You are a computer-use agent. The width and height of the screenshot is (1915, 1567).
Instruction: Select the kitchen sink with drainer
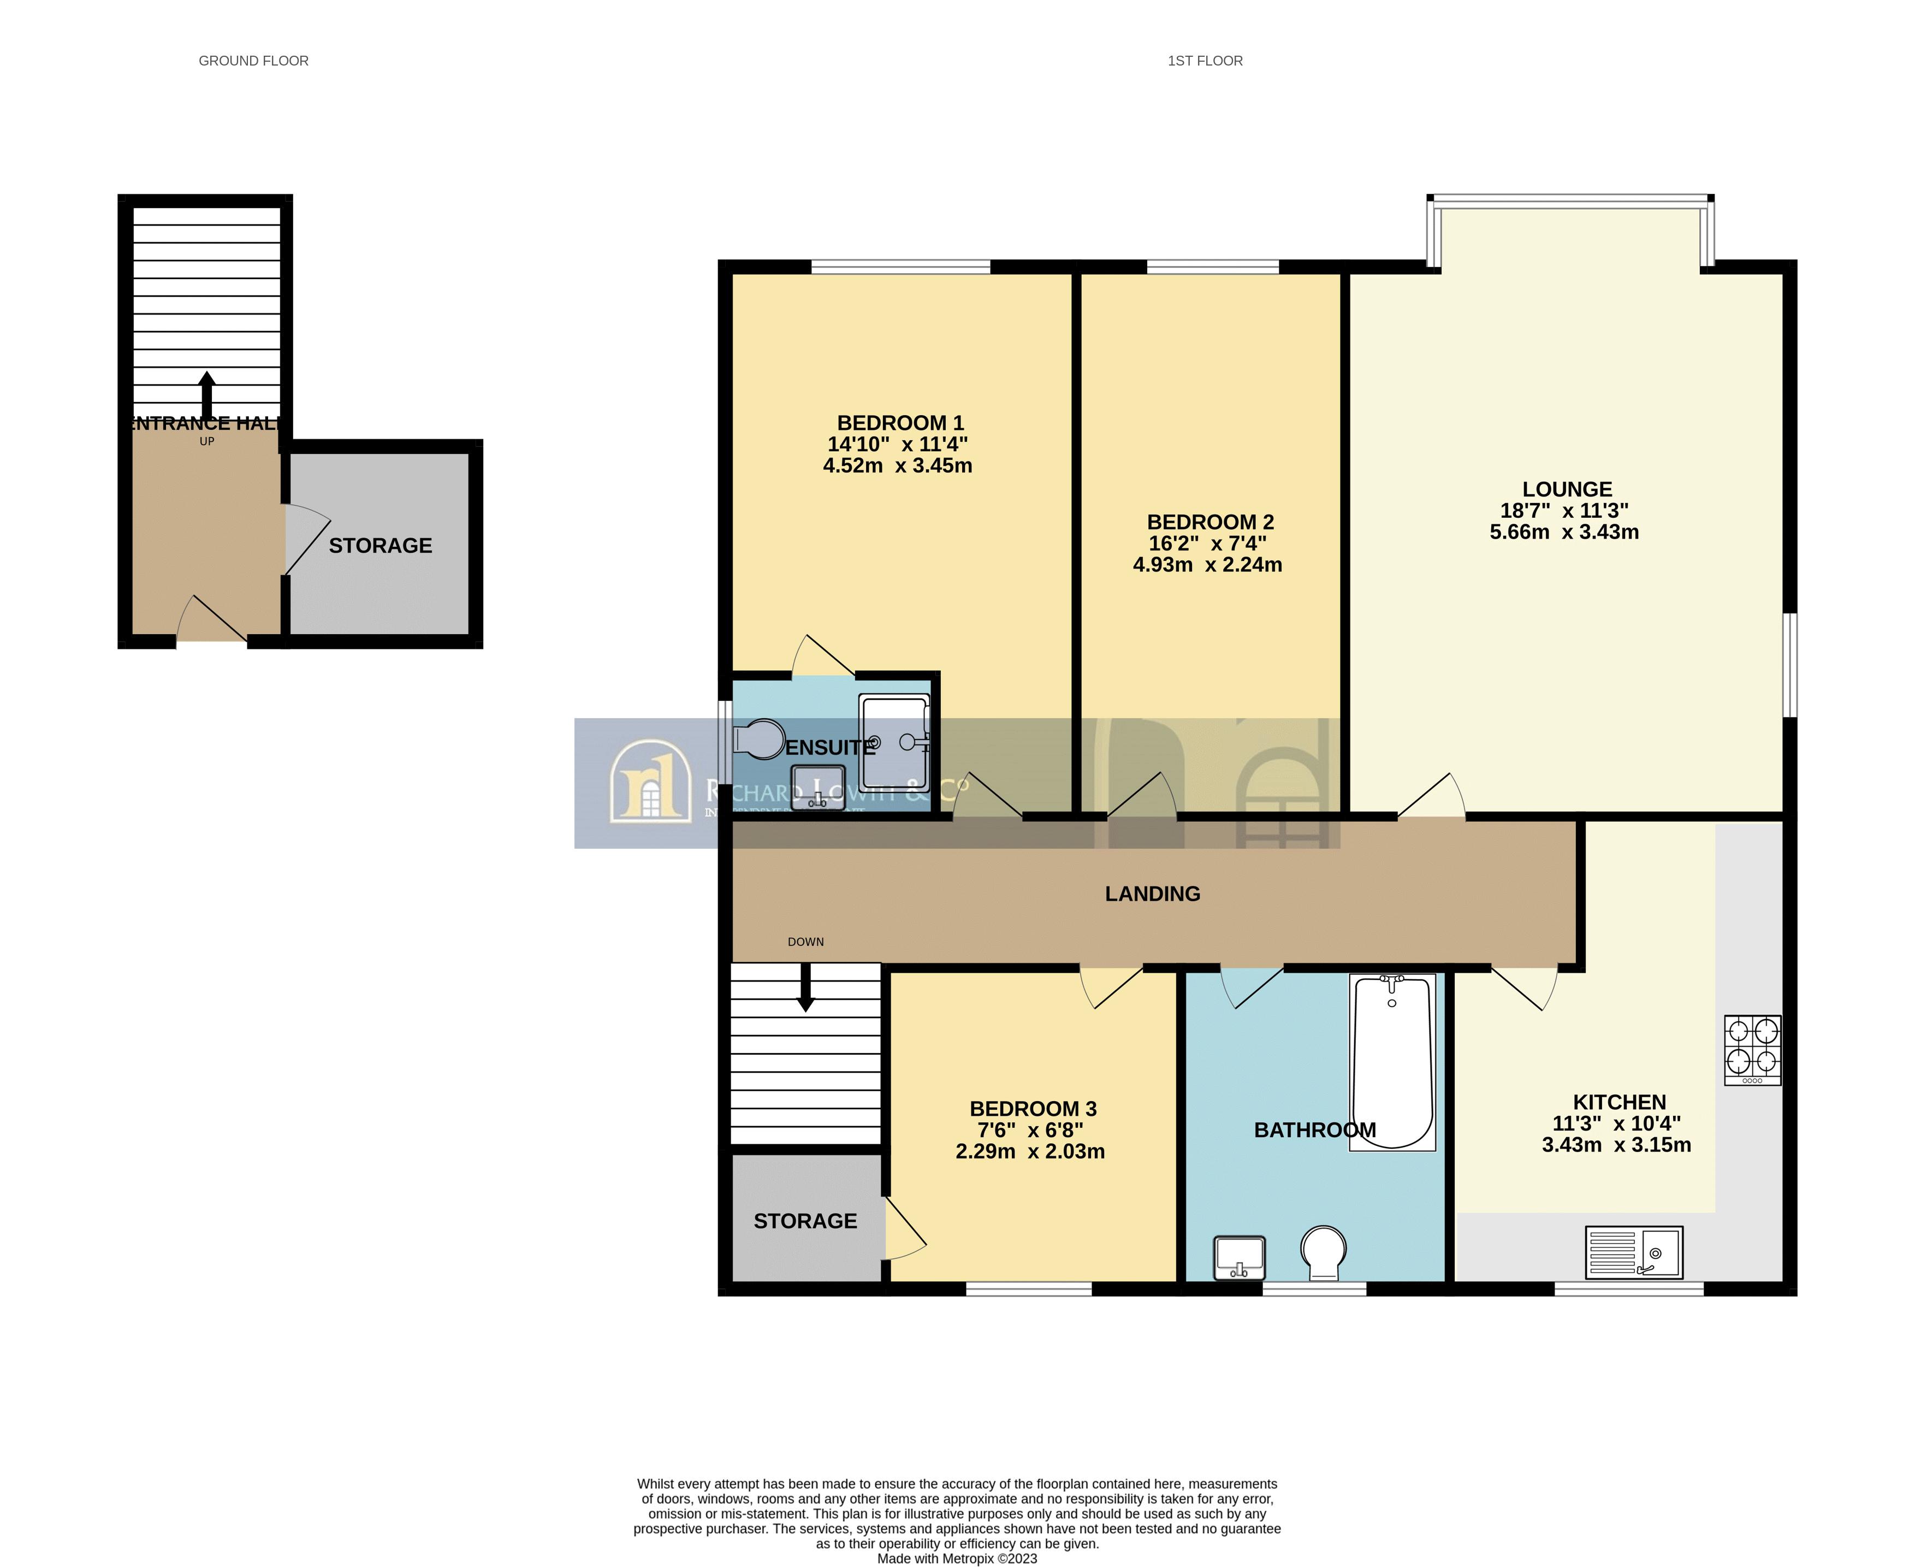click(1633, 1251)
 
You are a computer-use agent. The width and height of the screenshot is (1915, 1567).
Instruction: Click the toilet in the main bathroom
click(1323, 1251)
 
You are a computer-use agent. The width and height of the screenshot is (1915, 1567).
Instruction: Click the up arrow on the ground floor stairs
click(206, 394)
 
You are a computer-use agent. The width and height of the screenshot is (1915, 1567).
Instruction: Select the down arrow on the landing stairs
click(805, 987)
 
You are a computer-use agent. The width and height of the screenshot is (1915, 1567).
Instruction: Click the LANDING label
click(1152, 894)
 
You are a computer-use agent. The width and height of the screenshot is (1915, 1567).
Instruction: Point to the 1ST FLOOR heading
click(1205, 61)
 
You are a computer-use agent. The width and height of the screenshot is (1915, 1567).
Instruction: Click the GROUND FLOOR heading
click(253, 61)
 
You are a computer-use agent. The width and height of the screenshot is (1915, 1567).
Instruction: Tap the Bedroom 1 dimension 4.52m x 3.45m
click(897, 466)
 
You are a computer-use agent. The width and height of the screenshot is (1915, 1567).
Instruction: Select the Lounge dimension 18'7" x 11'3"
click(1564, 510)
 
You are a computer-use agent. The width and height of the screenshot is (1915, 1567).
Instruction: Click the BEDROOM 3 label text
click(1033, 1108)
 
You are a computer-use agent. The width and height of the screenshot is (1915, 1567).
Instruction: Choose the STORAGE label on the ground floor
click(380, 545)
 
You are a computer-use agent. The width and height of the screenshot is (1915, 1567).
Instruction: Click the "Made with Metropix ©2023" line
click(957, 1558)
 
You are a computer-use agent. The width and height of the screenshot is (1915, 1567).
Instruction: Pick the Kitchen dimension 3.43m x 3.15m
click(1615, 1145)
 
